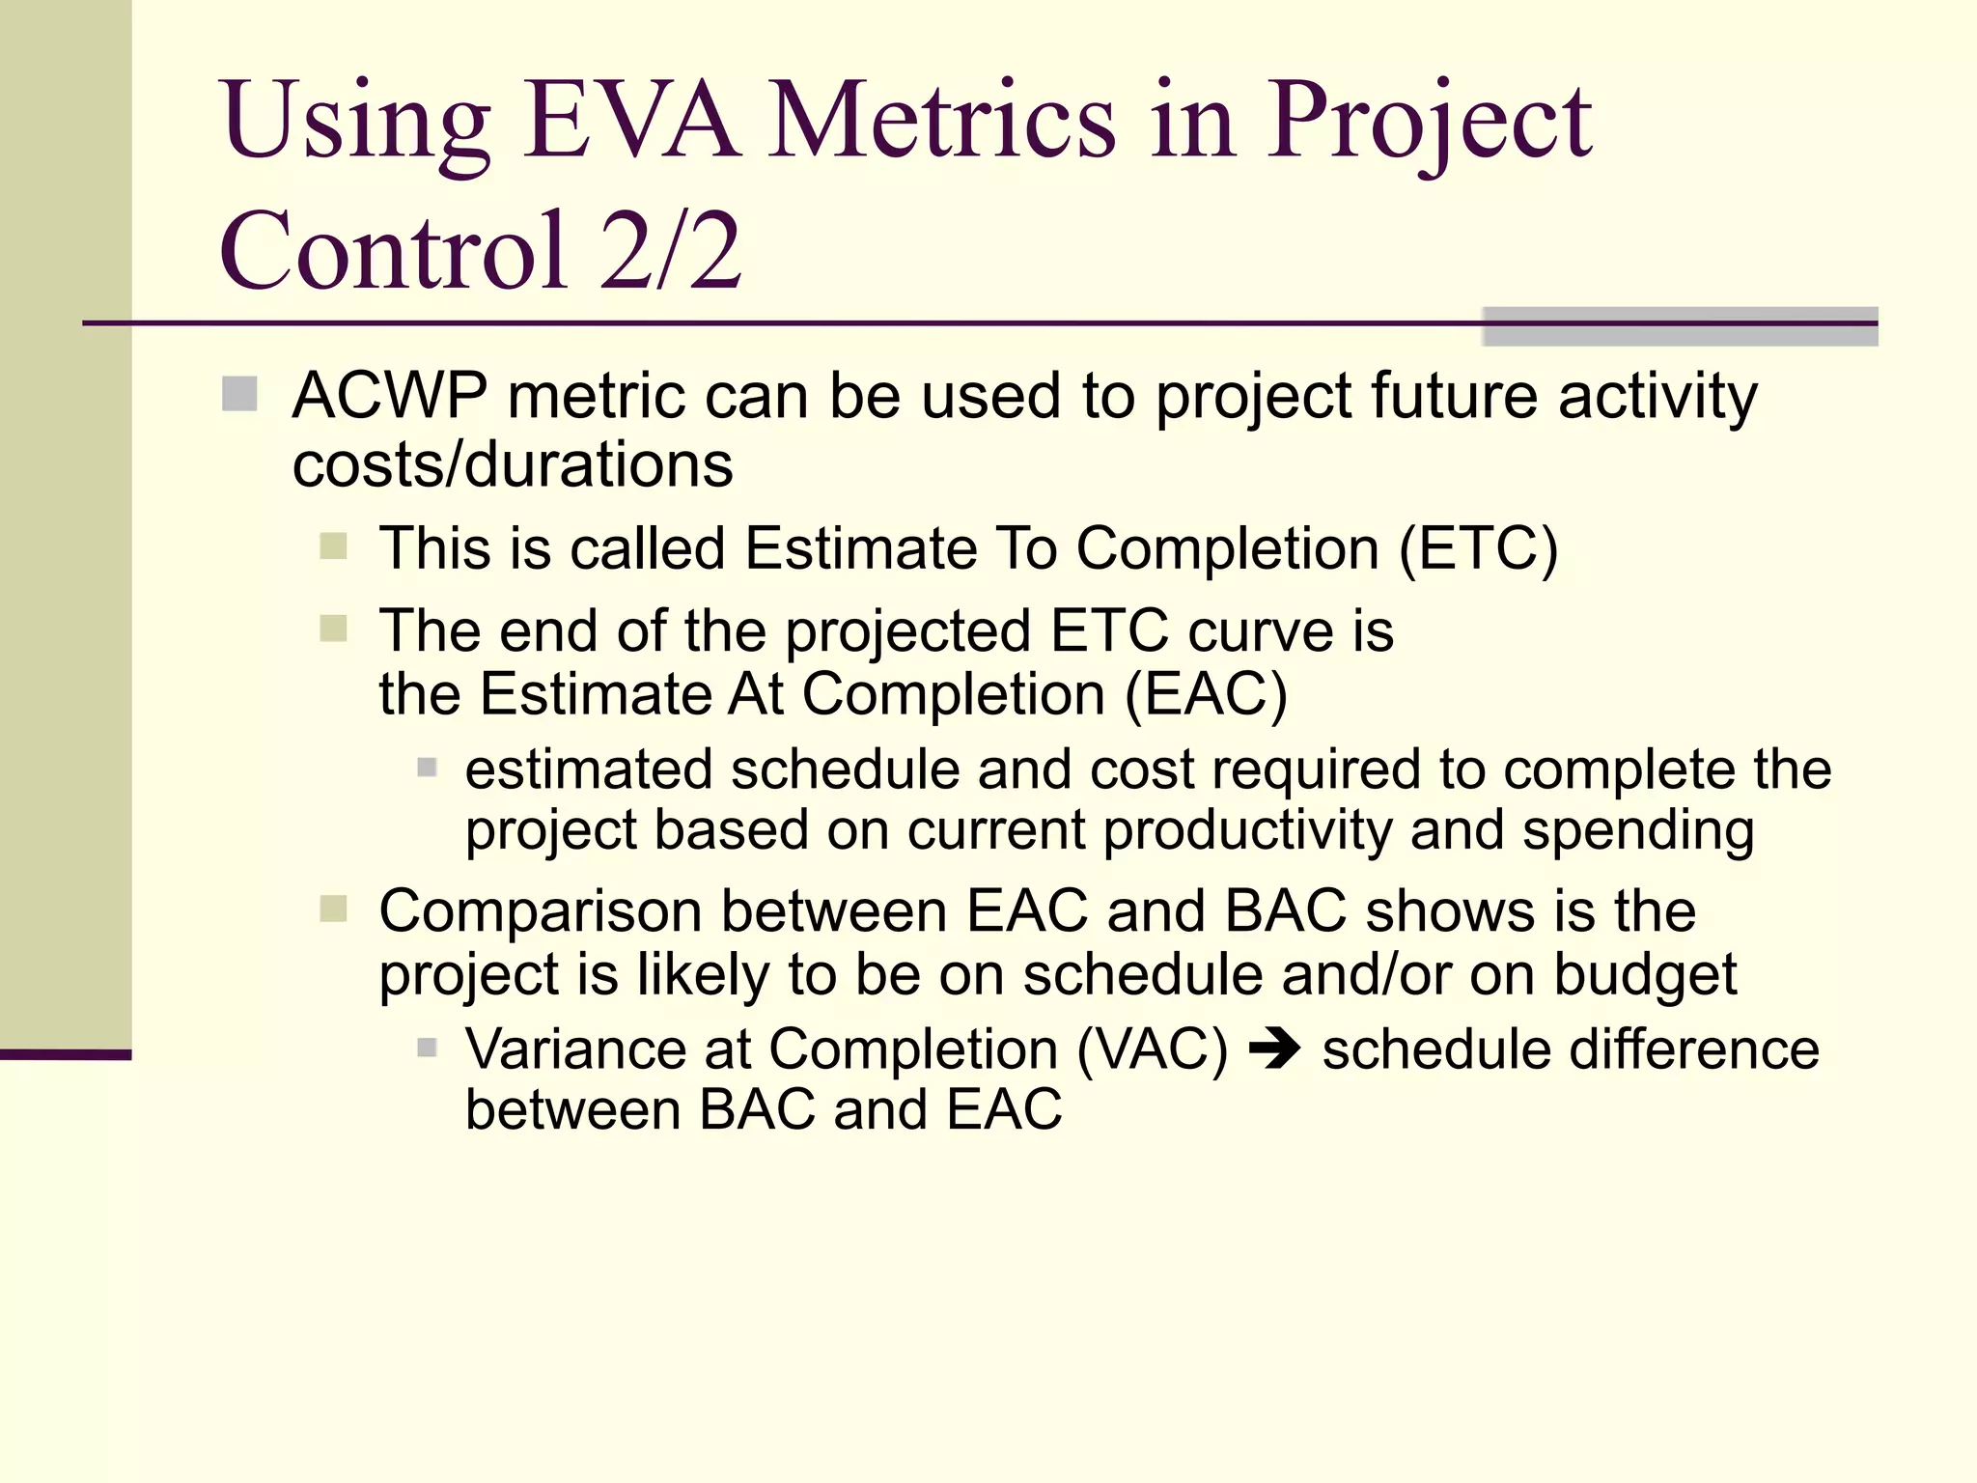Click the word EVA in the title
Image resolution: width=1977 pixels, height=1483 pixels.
coord(632,123)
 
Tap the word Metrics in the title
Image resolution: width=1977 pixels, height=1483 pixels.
coord(942,123)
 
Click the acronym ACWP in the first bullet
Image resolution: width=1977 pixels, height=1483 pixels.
coord(389,397)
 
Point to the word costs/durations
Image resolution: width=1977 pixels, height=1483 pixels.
coord(513,465)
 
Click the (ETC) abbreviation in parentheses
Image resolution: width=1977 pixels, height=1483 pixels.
coord(1478,549)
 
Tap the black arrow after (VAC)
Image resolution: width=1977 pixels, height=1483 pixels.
coord(1274,1049)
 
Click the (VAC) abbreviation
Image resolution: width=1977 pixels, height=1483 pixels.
coord(1152,1049)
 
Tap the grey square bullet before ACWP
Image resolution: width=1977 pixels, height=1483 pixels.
coord(239,394)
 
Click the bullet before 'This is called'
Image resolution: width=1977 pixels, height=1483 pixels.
coord(333,546)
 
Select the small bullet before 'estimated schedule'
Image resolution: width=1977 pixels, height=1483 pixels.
coord(427,769)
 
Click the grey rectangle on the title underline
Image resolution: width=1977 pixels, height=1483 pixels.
coord(1680,326)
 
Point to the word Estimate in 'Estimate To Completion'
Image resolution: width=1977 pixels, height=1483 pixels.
coord(860,549)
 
